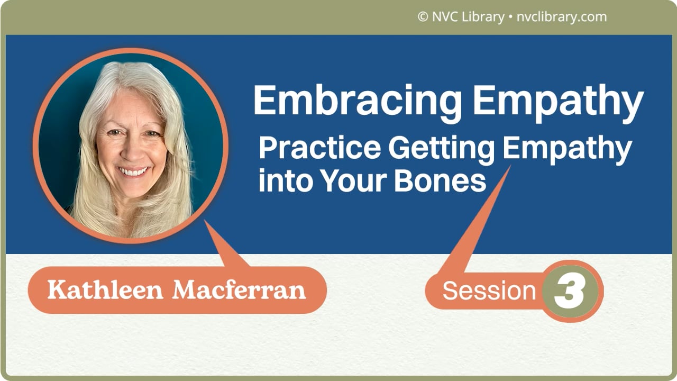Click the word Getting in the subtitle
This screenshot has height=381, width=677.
tap(441, 150)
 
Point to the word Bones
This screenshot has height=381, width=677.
tap(440, 182)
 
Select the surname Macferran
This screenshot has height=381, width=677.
tap(240, 290)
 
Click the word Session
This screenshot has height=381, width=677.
tap(489, 291)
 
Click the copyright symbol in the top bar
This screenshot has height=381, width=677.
tap(423, 17)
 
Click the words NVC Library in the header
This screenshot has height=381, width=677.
tap(468, 17)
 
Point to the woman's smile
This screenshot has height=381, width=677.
tap(133, 172)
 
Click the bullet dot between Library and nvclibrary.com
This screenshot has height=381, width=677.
tap(509, 17)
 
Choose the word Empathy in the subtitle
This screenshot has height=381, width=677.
tap(566, 150)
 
